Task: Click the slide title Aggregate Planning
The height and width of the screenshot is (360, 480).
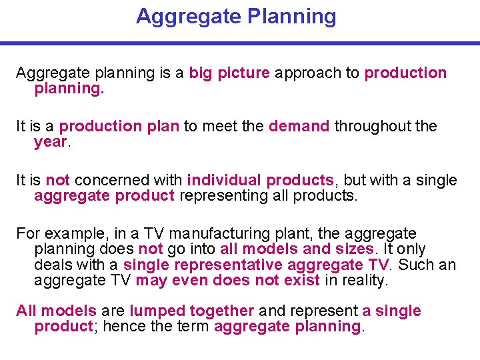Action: (x=236, y=16)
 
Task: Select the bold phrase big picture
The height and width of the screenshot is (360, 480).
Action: (x=229, y=73)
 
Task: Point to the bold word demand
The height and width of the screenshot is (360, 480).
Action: (x=299, y=126)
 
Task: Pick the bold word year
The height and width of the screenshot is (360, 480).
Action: (x=50, y=141)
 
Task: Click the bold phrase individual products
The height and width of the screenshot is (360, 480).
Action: (x=260, y=180)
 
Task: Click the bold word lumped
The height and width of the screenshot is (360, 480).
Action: (x=154, y=311)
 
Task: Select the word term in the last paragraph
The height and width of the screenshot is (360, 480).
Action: (x=194, y=326)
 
